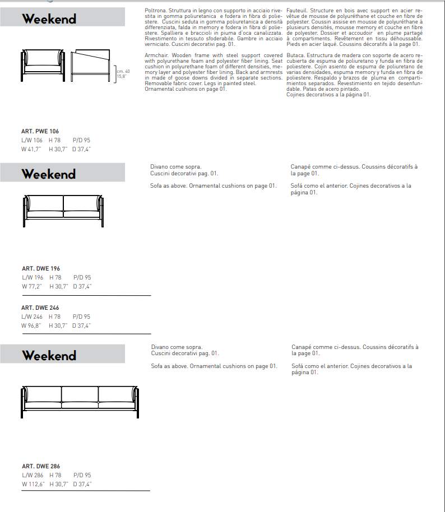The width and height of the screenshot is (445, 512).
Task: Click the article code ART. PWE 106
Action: click(x=40, y=131)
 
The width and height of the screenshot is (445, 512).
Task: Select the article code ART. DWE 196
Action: click(x=40, y=268)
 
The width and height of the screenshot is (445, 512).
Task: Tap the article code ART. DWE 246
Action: click(x=40, y=308)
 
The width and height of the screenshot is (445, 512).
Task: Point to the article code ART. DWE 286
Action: click(x=40, y=466)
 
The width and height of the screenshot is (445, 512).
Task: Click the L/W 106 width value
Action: click(x=32, y=140)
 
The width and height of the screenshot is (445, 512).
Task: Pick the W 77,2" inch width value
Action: click(x=32, y=286)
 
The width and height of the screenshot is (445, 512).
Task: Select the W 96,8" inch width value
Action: click(x=32, y=325)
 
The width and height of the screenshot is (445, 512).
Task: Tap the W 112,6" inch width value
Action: click(x=33, y=484)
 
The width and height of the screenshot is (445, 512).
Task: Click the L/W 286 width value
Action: click(x=33, y=475)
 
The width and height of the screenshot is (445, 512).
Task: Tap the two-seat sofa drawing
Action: click(x=63, y=209)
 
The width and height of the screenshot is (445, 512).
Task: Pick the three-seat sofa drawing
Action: click(x=80, y=400)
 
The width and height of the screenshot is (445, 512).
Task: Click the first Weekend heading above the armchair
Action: click(x=49, y=19)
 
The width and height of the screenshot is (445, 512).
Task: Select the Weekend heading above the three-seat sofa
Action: click(x=49, y=355)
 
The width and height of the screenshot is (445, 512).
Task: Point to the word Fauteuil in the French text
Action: click(x=296, y=11)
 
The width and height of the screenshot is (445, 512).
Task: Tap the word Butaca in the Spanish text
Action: click(x=295, y=55)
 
